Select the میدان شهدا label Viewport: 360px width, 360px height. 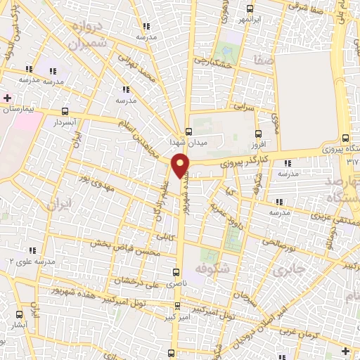(x=187, y=142)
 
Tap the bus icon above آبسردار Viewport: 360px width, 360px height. (x=65, y=111)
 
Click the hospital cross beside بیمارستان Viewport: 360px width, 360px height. (x=6, y=98)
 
